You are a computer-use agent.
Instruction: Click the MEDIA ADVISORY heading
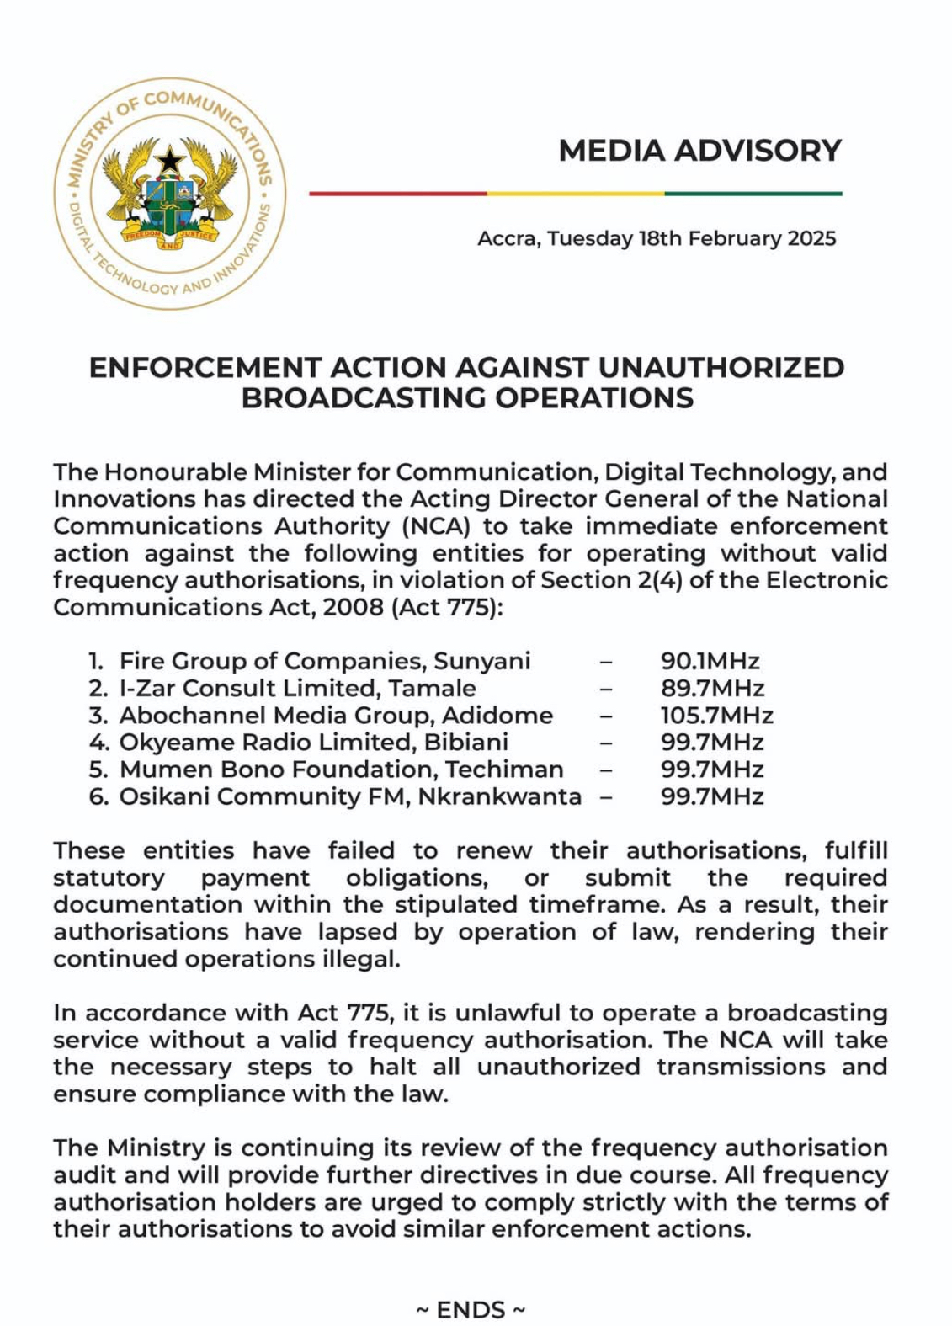(699, 151)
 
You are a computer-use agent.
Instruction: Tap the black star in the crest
(170, 159)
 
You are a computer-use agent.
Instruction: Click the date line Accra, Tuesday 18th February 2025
(657, 238)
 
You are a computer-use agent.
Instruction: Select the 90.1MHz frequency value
(710, 661)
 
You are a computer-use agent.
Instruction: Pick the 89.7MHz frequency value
(712, 688)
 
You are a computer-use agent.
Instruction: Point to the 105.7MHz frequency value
(716, 716)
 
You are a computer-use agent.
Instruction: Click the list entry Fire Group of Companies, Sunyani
(324, 661)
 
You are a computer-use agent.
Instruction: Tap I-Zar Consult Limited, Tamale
(297, 688)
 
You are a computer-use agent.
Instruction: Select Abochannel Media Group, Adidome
(336, 716)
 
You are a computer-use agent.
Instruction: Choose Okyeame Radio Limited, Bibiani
(313, 743)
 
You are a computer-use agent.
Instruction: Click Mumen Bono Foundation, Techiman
(341, 770)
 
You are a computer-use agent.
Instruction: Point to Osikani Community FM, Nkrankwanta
(350, 796)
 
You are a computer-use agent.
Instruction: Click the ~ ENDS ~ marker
(471, 1310)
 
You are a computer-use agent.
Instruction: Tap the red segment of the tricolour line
(398, 194)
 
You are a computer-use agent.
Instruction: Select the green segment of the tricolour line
(753, 194)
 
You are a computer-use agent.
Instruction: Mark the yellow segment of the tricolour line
(576, 194)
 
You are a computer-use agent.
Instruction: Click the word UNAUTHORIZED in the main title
(721, 368)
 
